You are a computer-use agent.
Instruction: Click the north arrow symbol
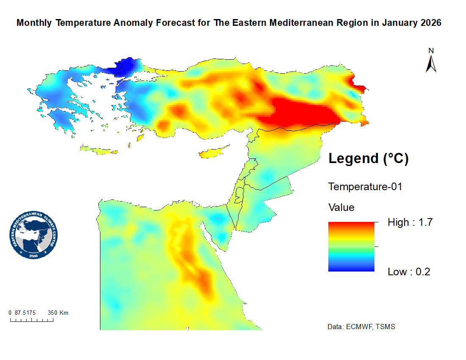tap(431, 64)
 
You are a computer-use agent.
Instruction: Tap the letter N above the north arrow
tap(431, 51)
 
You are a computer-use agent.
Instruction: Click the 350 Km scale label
tap(58, 313)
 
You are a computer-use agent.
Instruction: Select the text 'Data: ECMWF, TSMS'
tap(361, 327)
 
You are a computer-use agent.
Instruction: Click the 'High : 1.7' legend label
tap(410, 222)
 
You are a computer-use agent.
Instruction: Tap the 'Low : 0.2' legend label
tap(409, 272)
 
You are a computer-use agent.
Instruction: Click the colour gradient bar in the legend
tap(351, 246)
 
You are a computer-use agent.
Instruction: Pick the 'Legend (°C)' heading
tap(369, 159)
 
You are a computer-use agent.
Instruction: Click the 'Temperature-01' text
tap(365, 187)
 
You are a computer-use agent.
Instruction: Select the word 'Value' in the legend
tap(341, 208)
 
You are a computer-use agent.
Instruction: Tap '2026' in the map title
tap(431, 23)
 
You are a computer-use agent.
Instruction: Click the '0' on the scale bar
tap(10, 313)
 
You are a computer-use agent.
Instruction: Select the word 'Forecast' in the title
tap(175, 23)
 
